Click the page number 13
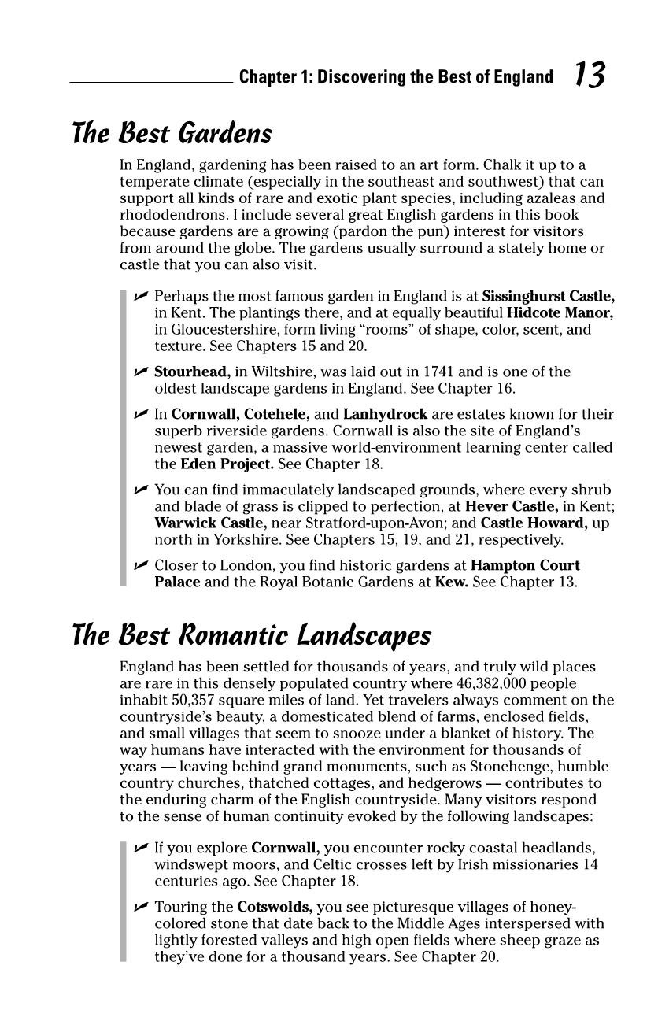(x=589, y=75)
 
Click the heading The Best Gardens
(x=172, y=133)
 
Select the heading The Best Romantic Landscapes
(x=251, y=634)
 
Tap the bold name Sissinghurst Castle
(x=548, y=296)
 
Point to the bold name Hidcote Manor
(x=560, y=312)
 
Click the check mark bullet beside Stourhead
(x=141, y=372)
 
